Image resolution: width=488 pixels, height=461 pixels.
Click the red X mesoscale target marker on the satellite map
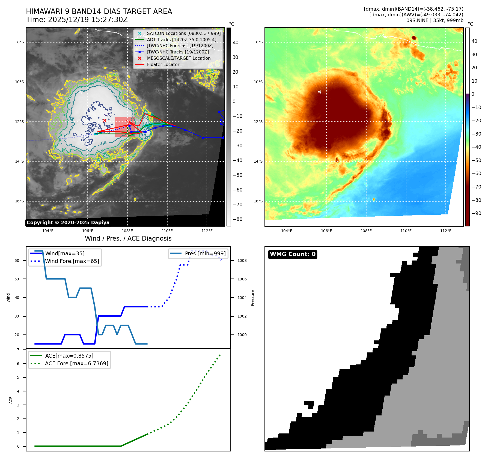(105, 121)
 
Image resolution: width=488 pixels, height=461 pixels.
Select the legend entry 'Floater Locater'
(163, 65)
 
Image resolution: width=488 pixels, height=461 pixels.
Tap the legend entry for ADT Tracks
(181, 40)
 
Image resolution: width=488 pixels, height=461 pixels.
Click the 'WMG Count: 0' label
(293, 254)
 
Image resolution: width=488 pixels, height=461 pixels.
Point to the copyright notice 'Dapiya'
(68, 223)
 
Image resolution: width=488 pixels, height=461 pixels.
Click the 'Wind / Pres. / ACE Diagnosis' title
(128, 238)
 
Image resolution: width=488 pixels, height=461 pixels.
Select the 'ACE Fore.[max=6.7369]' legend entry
(76, 363)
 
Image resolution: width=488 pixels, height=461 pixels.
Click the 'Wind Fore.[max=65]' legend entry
(72, 261)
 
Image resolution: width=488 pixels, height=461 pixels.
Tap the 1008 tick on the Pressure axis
(242, 261)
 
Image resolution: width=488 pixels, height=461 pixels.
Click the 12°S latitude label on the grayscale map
(19, 122)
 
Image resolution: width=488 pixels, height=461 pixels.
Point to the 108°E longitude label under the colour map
(366, 231)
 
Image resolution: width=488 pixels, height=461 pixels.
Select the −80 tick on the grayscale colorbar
(237, 219)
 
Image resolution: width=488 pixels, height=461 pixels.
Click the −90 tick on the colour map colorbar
(477, 213)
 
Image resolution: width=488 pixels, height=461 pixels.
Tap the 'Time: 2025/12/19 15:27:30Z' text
(77, 20)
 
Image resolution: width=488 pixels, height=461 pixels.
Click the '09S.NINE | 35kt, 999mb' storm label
(435, 20)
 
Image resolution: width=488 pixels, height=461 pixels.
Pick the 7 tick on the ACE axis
(18, 350)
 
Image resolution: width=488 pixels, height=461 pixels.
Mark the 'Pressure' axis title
(252, 298)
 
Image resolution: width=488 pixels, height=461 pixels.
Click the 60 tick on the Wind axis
(17, 261)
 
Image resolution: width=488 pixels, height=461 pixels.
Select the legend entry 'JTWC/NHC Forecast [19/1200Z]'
(180, 46)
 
